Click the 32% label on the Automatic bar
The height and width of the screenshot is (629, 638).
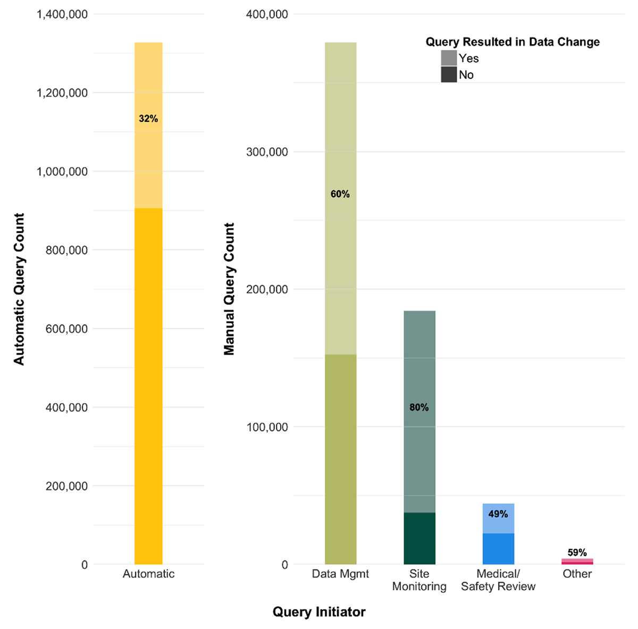point(148,119)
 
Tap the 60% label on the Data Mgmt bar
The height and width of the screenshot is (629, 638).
point(340,195)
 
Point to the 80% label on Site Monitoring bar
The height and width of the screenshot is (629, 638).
point(419,408)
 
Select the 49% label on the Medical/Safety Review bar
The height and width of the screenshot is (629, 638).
point(498,514)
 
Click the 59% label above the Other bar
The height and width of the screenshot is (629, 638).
point(577,553)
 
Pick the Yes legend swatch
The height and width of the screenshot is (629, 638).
point(449,58)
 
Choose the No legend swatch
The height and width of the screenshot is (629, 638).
point(449,74)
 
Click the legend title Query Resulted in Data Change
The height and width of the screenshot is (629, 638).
point(513,42)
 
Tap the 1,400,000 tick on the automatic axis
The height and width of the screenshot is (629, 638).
point(62,14)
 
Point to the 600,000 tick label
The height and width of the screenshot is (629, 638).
point(66,329)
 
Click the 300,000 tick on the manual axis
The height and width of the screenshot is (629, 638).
point(267,152)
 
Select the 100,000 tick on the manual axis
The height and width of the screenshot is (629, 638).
point(267,427)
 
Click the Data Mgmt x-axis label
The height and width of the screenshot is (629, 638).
point(340,574)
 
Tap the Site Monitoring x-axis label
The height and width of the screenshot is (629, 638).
point(419,580)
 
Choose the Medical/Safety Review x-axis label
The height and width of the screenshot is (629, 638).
point(498,580)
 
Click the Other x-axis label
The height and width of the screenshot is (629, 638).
point(577,574)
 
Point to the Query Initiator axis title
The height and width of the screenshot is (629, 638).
point(319,612)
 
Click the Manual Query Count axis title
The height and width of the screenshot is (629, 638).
point(229,289)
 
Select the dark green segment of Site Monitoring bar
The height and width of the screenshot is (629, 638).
point(419,538)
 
